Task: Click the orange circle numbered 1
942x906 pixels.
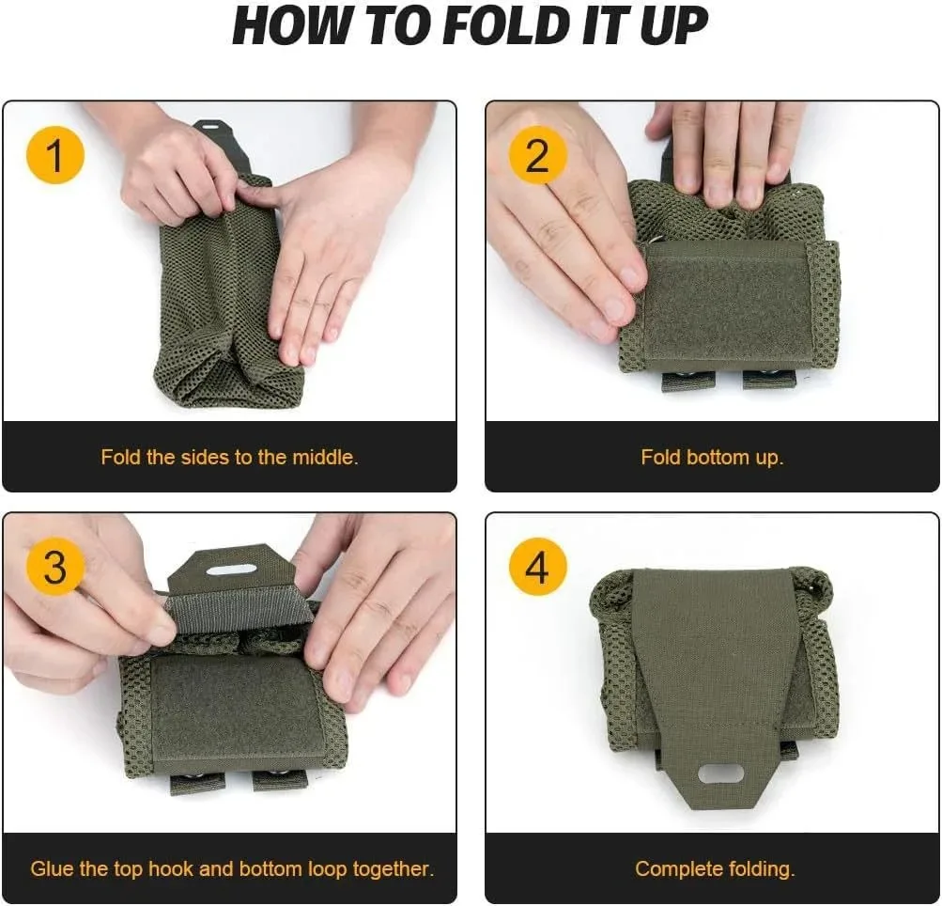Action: (55, 156)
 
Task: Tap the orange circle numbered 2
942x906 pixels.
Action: (537, 156)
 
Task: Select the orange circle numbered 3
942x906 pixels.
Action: (55, 569)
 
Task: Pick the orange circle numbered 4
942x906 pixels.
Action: (537, 569)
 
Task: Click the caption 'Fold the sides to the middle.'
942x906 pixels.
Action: (230, 458)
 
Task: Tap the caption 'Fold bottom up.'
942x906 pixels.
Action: (712, 458)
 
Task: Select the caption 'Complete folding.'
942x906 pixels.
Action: (715, 869)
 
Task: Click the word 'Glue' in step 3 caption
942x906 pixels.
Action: (51, 869)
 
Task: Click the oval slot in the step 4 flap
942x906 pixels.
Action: (720, 774)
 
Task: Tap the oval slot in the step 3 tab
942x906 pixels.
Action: (231, 570)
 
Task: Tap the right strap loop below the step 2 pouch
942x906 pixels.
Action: (768, 380)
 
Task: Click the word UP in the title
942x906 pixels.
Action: (673, 27)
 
